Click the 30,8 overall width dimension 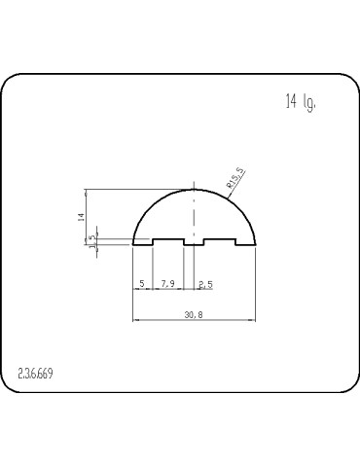(194, 314)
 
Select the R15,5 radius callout (235, 178)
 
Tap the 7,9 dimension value (167, 284)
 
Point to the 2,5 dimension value (206, 285)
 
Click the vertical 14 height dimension (82, 217)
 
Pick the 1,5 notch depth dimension (93, 241)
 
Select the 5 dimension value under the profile (142, 284)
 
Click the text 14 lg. (301, 102)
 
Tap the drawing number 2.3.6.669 (35, 374)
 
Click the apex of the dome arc (194, 190)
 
